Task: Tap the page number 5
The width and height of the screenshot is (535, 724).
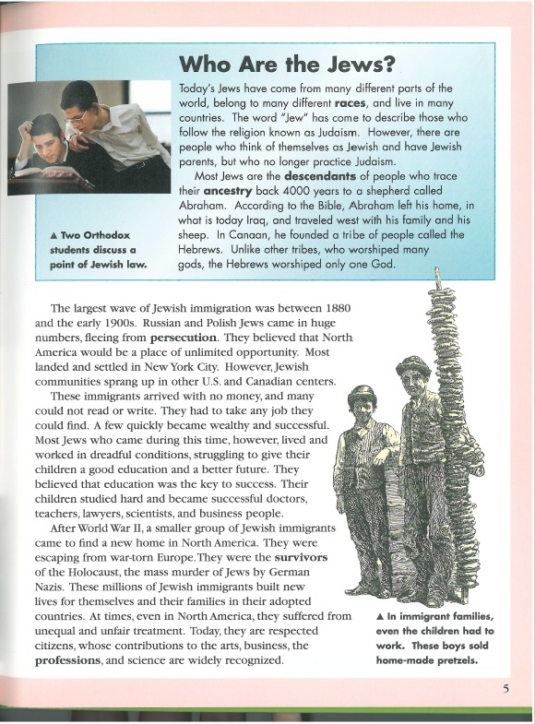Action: (x=506, y=687)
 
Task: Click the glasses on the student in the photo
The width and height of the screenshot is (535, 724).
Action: (x=78, y=115)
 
